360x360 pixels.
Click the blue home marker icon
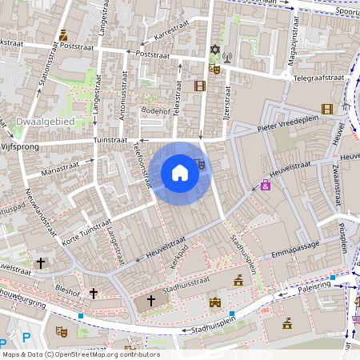[x=180, y=173]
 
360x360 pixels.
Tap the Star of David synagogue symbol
[x=214, y=50]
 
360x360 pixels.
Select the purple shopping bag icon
[x=265, y=185]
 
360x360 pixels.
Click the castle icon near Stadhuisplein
[x=214, y=302]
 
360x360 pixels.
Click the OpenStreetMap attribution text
[x=81, y=354]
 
